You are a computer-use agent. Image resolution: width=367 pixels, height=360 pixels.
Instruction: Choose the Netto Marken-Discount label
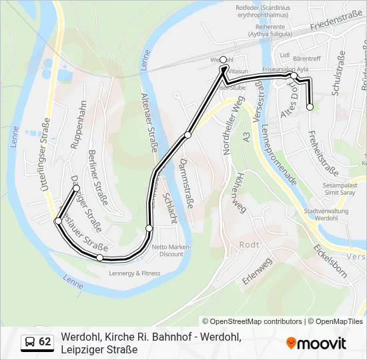pos(171,250)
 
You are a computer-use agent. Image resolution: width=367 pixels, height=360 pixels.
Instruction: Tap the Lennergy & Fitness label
pos(134,273)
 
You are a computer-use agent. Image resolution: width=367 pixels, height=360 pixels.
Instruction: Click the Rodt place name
pos(249,245)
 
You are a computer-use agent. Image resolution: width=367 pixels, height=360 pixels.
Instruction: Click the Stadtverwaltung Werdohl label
pos(322,214)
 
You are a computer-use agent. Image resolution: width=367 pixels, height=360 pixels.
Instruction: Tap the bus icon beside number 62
pos(30,342)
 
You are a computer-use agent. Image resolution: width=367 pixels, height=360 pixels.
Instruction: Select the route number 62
pos(45,342)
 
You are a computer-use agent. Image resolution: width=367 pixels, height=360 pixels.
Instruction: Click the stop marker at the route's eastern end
pos(310,107)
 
